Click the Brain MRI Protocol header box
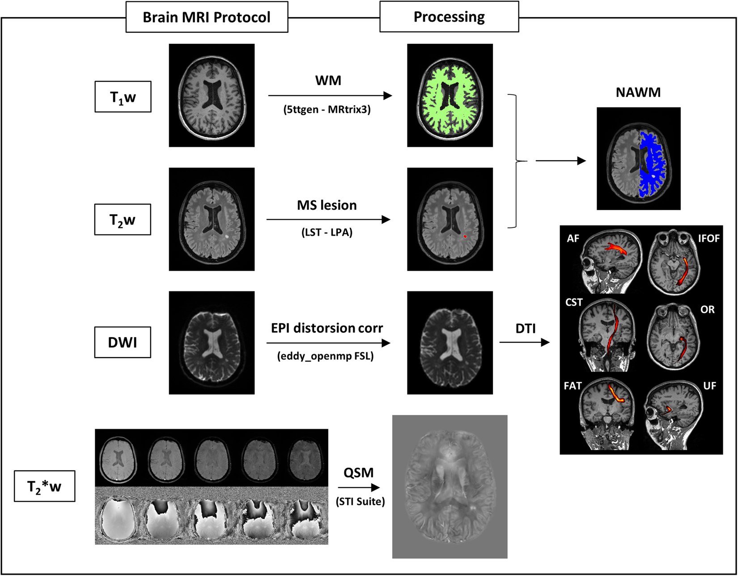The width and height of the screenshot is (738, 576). pyautogui.click(x=207, y=17)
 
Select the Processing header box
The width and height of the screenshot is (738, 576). pyautogui.click(x=449, y=17)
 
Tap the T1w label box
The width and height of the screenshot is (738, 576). pyautogui.click(x=123, y=97)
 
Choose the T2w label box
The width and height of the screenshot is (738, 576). pyautogui.click(x=123, y=220)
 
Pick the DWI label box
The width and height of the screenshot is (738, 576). pyautogui.click(x=123, y=342)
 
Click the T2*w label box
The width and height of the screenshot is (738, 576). pyautogui.click(x=44, y=486)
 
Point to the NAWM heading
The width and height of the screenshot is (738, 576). pyautogui.click(x=638, y=92)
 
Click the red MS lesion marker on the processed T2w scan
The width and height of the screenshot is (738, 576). pyautogui.click(x=465, y=236)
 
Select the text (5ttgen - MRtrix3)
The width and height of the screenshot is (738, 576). pyautogui.click(x=327, y=110)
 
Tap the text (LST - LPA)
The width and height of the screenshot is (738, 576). pyautogui.click(x=327, y=232)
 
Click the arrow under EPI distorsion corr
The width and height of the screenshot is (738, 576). pyautogui.click(x=328, y=343)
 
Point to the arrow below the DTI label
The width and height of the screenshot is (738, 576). pyautogui.click(x=524, y=342)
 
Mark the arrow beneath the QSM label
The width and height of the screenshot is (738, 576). pyautogui.click(x=359, y=487)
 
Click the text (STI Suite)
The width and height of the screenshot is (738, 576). pyautogui.click(x=361, y=502)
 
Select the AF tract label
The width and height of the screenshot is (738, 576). pyautogui.click(x=573, y=239)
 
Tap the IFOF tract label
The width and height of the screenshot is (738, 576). pyautogui.click(x=708, y=239)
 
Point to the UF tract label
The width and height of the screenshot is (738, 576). pyautogui.click(x=709, y=386)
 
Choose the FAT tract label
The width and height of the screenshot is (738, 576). pyautogui.click(x=573, y=386)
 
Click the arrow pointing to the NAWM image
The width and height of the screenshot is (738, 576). pyautogui.click(x=560, y=161)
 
